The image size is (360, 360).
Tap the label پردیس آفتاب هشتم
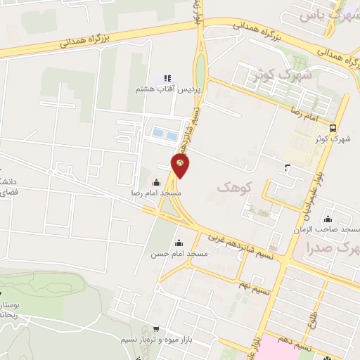(x=164, y=91)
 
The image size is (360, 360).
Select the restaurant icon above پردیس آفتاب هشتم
(x=167, y=78)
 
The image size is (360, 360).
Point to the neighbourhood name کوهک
(x=233, y=186)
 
